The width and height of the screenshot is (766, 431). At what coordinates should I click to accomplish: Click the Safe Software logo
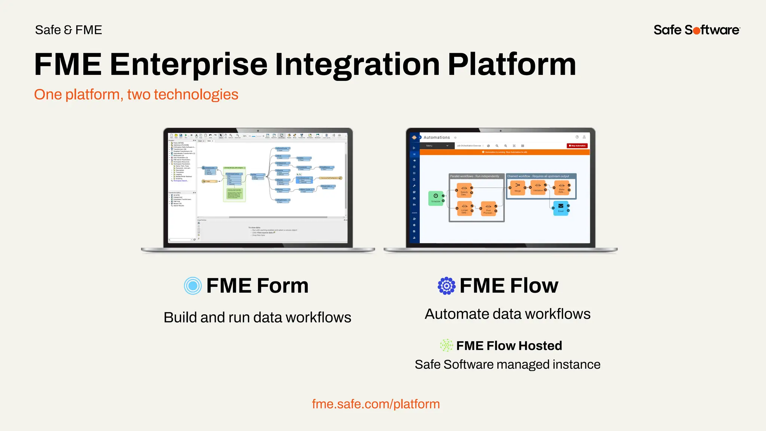[x=696, y=30]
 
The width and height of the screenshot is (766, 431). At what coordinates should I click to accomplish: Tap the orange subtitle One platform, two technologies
[x=136, y=95]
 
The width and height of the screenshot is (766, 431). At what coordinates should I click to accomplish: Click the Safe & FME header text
[x=68, y=30]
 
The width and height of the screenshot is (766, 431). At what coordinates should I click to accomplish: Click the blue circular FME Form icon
[x=193, y=286]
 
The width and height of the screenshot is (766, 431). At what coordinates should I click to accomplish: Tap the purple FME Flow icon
[x=447, y=286]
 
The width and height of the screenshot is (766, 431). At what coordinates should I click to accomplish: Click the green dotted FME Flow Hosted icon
[x=446, y=345]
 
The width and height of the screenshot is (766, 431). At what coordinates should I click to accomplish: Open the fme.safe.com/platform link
[x=376, y=404]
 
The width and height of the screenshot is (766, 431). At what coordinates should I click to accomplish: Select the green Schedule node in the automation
[x=436, y=198]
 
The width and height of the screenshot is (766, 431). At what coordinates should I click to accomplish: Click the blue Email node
[x=561, y=207]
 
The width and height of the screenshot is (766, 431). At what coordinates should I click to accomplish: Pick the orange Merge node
[x=517, y=187]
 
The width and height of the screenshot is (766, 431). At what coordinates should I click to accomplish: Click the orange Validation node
[x=538, y=187]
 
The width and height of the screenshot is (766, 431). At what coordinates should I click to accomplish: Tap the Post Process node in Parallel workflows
[x=488, y=208]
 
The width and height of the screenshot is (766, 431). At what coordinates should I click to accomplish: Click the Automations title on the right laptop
[x=436, y=138]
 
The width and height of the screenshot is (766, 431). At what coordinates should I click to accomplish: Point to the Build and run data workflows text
[x=257, y=318]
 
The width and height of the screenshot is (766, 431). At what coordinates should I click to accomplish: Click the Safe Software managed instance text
[x=508, y=365]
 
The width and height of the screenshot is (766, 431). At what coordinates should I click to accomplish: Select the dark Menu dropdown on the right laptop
[x=437, y=146]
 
